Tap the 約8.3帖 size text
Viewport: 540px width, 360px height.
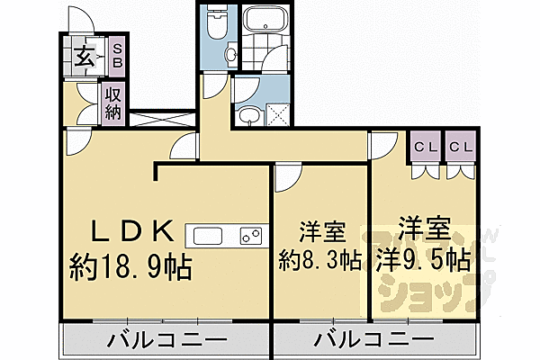pos(320,261)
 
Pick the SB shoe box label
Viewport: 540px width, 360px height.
pos(117,58)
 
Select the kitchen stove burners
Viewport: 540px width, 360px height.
pos(250,238)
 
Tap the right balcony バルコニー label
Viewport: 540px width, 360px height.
pos(373,341)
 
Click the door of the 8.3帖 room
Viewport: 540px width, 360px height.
pos(287,177)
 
